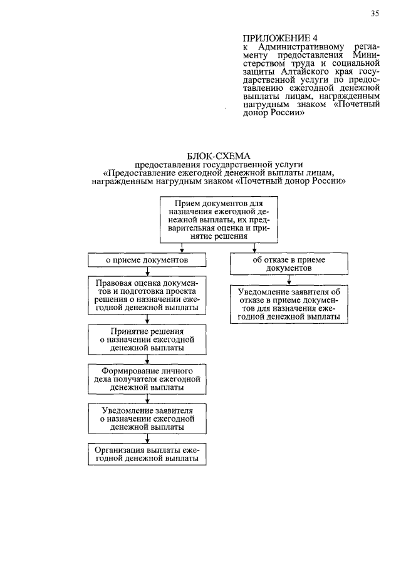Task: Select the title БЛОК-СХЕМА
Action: (217, 156)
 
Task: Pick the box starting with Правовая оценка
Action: (147, 296)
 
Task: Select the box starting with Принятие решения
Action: (147, 338)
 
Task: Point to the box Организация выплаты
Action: (147, 454)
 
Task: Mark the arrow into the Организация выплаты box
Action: (147, 440)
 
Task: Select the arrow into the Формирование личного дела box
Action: (147, 360)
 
